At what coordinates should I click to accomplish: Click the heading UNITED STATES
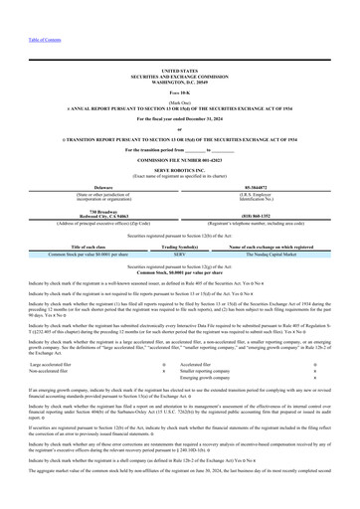coord(179,72)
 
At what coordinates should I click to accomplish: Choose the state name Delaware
coord(89,185)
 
